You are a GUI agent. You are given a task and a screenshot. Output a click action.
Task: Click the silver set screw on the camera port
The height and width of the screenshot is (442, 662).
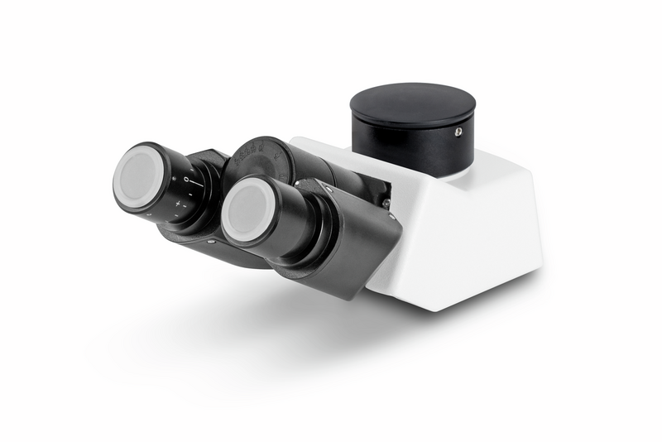458,132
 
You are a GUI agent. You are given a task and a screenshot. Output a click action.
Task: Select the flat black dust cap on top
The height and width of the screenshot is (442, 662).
412,103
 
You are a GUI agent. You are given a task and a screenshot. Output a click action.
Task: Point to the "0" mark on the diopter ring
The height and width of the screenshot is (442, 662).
188,179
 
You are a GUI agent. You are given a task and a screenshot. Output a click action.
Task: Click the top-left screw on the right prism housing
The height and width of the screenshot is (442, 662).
327,189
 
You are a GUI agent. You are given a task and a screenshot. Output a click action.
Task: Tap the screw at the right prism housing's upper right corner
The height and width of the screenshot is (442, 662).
391,217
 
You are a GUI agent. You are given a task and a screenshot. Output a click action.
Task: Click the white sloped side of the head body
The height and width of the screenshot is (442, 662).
463,240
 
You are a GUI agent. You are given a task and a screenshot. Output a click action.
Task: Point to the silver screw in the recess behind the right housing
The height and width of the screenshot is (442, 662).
386,204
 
